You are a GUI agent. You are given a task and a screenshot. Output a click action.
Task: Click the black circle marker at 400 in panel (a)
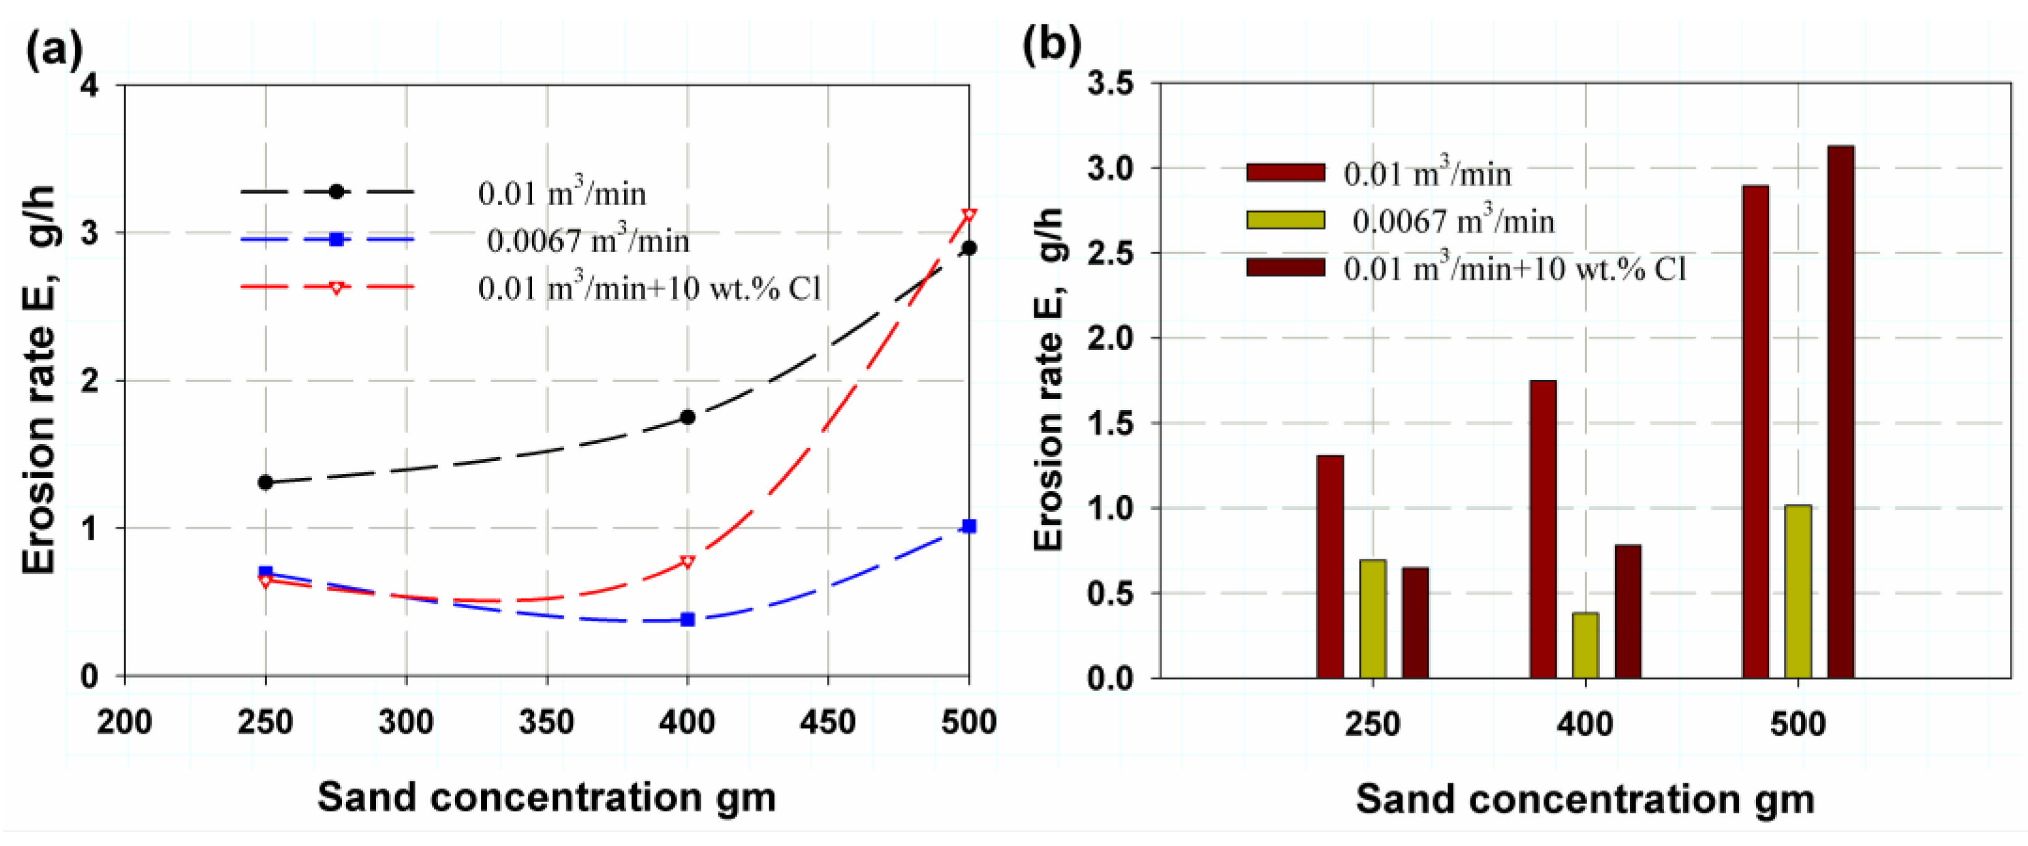tap(687, 416)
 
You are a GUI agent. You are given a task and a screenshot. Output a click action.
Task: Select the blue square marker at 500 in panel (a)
tap(969, 526)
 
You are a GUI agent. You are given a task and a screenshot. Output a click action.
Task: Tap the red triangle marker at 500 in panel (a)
tap(969, 215)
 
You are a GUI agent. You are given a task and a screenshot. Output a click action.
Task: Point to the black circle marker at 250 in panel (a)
tap(265, 482)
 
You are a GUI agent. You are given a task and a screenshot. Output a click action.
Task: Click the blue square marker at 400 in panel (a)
tap(687, 620)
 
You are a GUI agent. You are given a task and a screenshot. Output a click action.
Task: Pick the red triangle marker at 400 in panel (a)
tap(687, 563)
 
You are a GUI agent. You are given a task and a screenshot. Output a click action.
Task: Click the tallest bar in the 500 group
tap(1841, 410)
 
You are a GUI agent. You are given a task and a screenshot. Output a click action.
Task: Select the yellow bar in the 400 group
tap(1586, 645)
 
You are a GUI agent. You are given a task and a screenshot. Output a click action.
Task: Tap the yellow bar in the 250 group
tap(1373, 618)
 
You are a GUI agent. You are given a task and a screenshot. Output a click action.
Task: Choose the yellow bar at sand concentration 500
tap(1798, 591)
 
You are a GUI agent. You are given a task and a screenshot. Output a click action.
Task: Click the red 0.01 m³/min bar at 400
tap(1543, 528)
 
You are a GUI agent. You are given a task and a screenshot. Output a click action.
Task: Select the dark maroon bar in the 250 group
tap(1415, 622)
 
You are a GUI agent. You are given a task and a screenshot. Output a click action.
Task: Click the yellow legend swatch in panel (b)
tap(1286, 219)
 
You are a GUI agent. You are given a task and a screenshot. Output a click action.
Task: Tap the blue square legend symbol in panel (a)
tap(336, 239)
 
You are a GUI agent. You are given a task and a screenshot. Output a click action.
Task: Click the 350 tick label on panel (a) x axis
tap(546, 722)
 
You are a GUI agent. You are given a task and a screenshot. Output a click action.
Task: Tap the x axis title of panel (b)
tap(1585, 799)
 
